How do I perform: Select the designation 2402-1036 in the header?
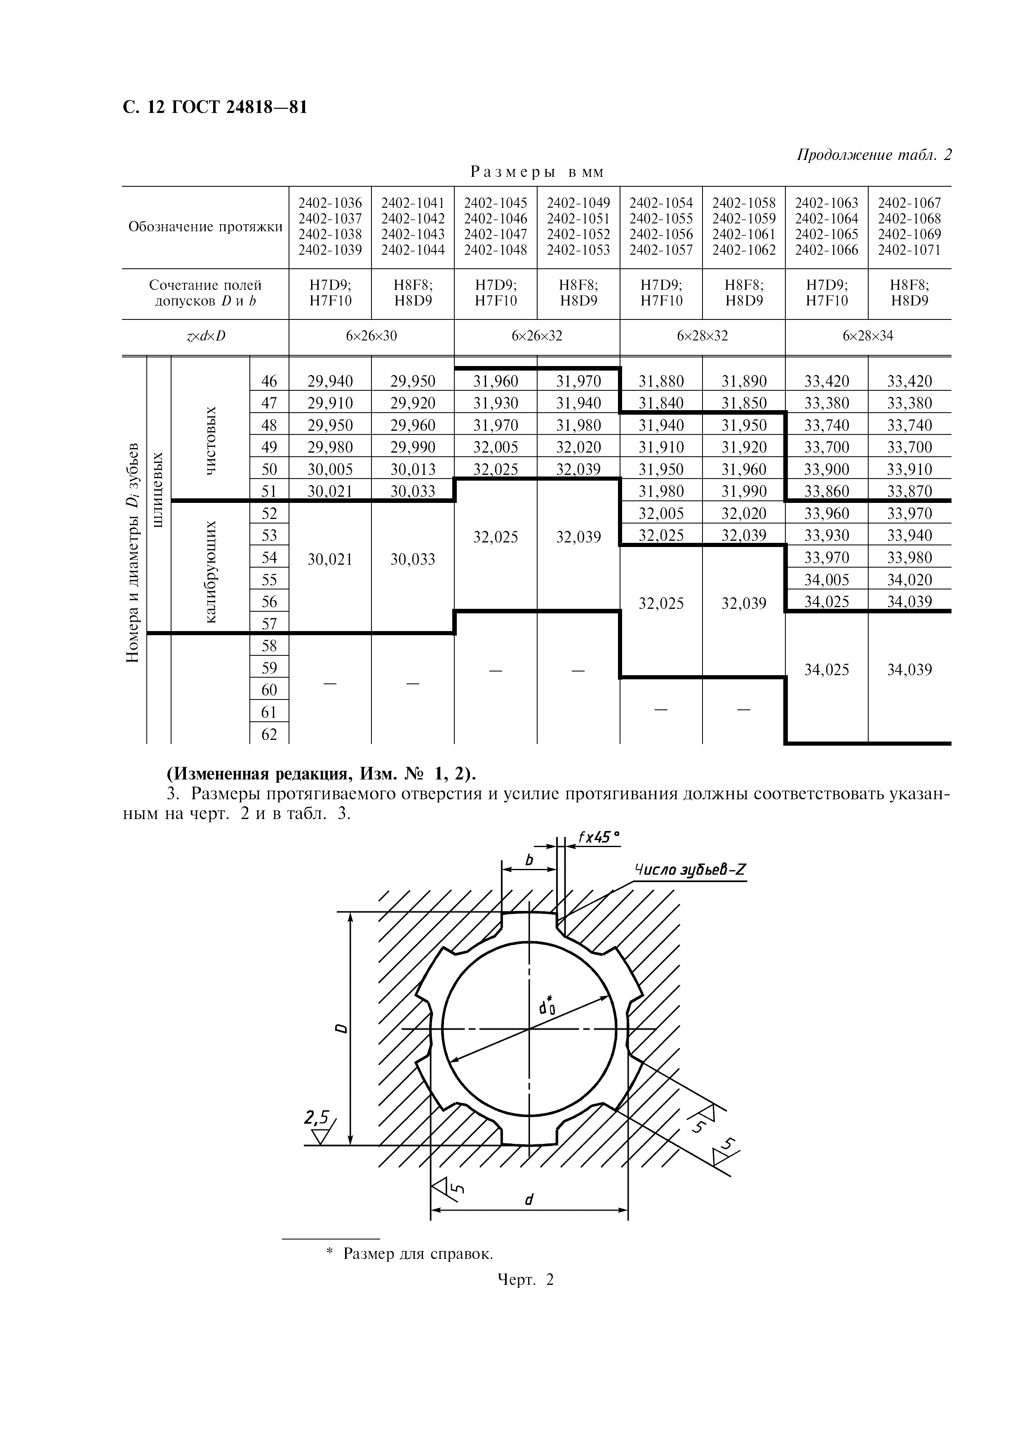[330, 203]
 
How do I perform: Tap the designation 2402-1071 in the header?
[909, 250]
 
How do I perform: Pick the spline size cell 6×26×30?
[371, 336]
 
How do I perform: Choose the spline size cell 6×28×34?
[868, 336]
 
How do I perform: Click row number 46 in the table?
[269, 381]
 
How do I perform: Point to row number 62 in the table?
[269, 735]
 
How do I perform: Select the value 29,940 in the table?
[330, 381]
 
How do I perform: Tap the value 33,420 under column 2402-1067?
[909, 381]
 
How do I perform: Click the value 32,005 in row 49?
[496, 447]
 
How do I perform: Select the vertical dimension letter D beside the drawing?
[341, 1028]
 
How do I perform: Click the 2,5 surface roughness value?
[316, 1117]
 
